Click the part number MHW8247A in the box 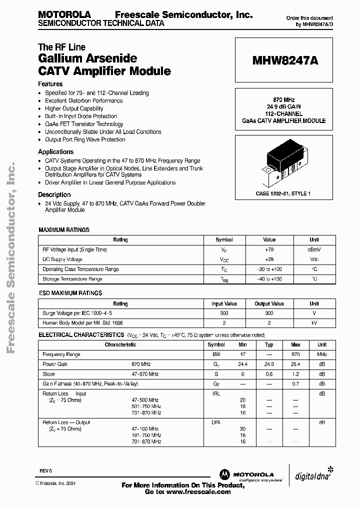tap(285, 61)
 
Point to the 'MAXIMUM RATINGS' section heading tap(64, 230)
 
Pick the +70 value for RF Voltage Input tap(269, 249)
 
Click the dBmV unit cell tap(314, 249)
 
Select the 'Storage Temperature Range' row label tap(72, 279)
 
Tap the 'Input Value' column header tap(224, 303)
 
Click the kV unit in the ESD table tap(314, 323)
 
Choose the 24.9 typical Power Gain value tap(269, 364)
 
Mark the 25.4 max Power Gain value tap(295, 364)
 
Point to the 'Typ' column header tap(269, 344)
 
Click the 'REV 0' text tap(46, 471)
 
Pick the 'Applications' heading tap(56, 151)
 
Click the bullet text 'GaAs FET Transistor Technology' tap(84, 124)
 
